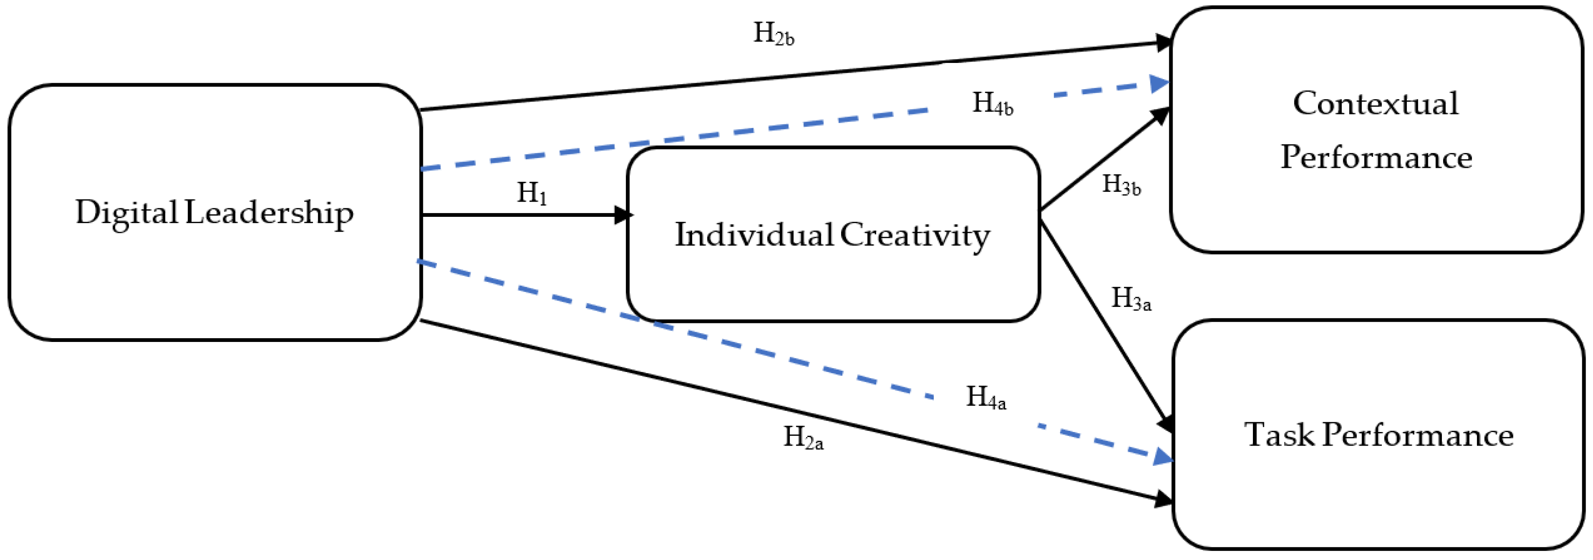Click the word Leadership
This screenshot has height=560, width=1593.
coord(268,213)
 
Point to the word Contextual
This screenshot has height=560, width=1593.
coord(1375,103)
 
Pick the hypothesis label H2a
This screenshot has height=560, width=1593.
coord(803,438)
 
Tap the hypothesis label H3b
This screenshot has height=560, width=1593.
coord(1121,184)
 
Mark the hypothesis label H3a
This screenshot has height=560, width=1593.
coord(1131,299)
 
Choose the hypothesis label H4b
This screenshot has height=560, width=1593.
coord(992,104)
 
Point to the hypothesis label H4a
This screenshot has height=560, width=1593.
coord(986,397)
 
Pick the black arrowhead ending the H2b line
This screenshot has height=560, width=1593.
coord(1164,43)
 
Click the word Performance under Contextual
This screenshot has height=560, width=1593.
coord(1375,158)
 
